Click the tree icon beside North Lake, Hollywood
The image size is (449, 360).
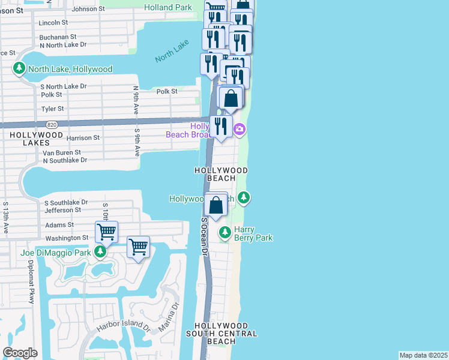20,69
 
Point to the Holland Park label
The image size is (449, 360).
169,8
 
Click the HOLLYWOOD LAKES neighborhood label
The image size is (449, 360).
33,141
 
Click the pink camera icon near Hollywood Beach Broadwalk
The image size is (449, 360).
240,129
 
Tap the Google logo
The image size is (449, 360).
20,353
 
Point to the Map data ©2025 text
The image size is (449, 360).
423,355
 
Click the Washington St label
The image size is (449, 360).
67,238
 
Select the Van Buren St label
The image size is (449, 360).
61,152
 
